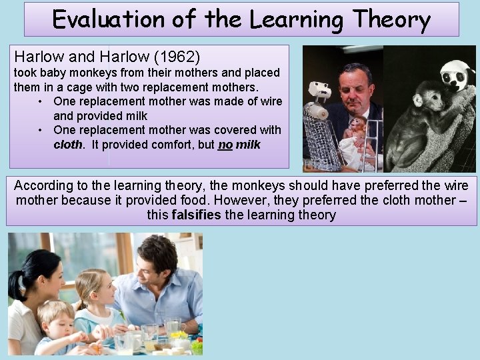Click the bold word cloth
[68, 144]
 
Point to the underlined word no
[225, 144]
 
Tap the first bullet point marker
[41, 101]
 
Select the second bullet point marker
[41, 130]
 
